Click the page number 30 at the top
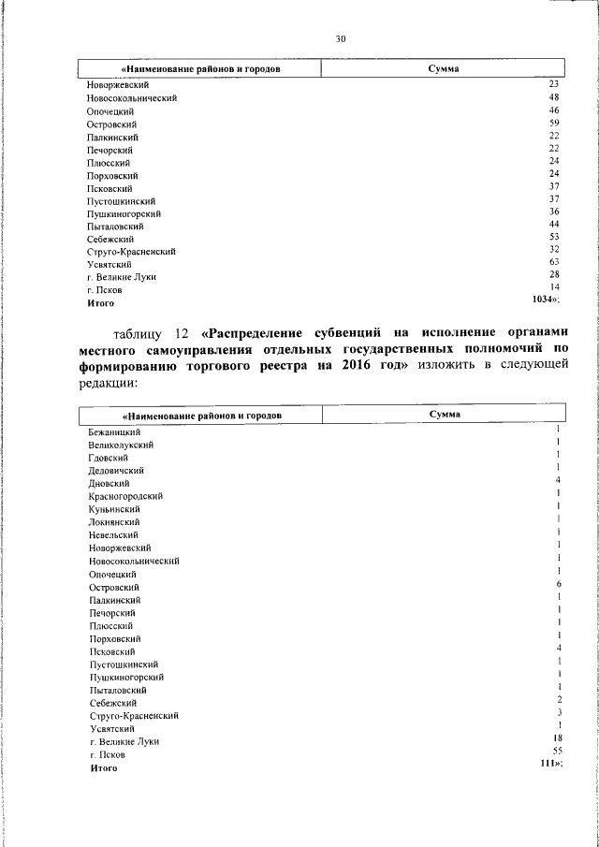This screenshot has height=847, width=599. pos(341,38)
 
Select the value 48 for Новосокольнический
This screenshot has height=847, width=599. pos(554,97)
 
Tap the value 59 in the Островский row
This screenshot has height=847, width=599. pos(554,123)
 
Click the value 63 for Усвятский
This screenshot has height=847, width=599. pos(554,263)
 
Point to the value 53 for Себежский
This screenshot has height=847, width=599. pos(554,238)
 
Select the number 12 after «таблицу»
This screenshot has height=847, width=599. pos(183,333)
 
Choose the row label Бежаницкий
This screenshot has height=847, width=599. pos(114,432)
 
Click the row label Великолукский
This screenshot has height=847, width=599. pos(122,445)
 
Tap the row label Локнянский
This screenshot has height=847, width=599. pos(114,521)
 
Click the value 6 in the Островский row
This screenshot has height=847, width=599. pos(558,584)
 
